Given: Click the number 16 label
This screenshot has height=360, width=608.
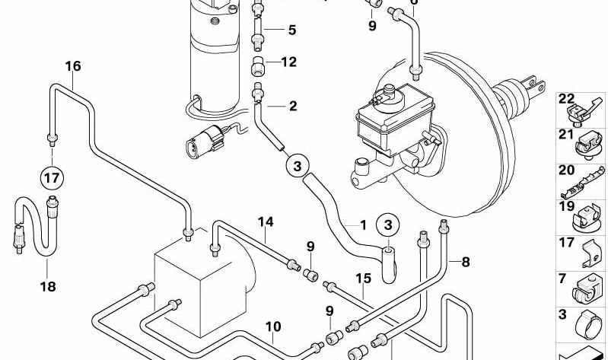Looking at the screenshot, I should point(72,65).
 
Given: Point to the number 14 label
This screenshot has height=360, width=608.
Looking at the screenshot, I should point(264,221).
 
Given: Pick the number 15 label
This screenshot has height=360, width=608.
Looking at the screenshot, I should point(363,279).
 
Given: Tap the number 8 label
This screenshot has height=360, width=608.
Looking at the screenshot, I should point(465,263).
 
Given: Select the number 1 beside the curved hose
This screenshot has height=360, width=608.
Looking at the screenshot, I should point(363,225).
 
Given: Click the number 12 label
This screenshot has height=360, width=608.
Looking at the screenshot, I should point(289,62).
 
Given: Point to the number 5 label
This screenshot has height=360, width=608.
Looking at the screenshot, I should point(291,30).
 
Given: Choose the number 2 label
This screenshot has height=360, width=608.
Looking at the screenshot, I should point(293,106).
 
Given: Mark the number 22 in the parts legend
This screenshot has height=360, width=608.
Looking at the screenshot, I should point(565,98).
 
